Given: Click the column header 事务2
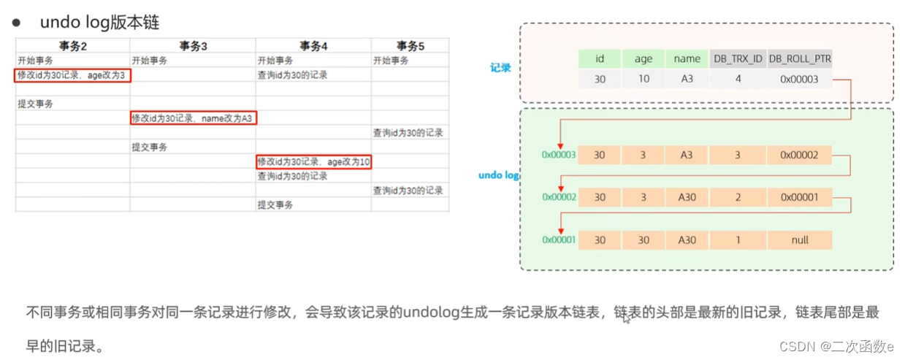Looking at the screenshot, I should [x=73, y=45].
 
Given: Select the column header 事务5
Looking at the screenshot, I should [x=410, y=45].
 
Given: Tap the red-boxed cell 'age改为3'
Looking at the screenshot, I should [x=73, y=74].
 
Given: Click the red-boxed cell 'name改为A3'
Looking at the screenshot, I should [x=194, y=118].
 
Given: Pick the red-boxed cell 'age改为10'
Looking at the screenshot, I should [x=314, y=161].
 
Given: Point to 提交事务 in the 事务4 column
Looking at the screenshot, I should [x=275, y=205].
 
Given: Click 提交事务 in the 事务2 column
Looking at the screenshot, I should [x=36, y=104].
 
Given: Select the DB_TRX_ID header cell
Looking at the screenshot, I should [x=737, y=59].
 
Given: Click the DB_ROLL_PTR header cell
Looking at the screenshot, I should [x=800, y=59].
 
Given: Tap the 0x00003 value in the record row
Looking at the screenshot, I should [x=800, y=79].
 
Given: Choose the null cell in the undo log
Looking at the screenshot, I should [x=800, y=240].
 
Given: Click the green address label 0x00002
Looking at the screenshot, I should [x=559, y=197].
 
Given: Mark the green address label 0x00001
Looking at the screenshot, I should [x=559, y=240].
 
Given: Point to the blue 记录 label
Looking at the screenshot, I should [x=500, y=69].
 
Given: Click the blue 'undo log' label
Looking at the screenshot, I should [x=499, y=175].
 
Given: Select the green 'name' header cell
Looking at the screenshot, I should [x=687, y=59].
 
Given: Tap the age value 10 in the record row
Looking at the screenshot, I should [x=644, y=79].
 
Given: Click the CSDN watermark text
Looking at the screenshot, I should [x=836, y=346].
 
